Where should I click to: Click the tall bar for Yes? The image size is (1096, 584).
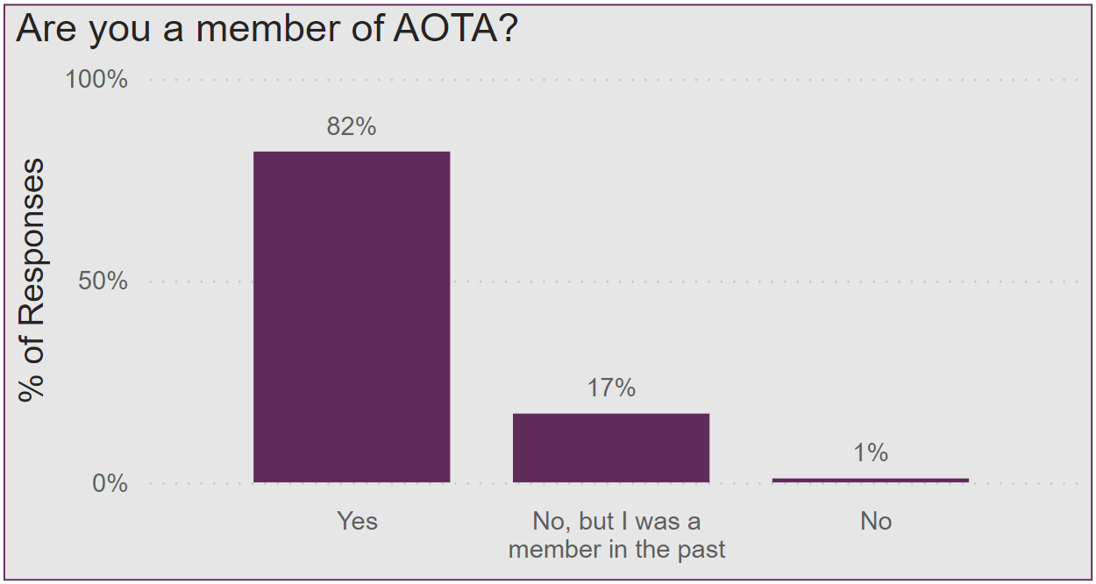pos(352,317)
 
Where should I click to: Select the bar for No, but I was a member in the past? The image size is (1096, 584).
pos(611,447)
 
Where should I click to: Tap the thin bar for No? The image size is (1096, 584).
pos(871,480)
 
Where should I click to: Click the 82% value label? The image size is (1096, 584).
pos(352,127)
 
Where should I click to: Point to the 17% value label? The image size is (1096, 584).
pos(611,388)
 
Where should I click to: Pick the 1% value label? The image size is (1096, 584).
pos(871,452)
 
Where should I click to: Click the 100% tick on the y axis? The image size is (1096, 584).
pos(96,80)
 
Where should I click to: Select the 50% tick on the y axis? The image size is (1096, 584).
pos(103,281)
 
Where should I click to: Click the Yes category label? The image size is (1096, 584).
pos(357,521)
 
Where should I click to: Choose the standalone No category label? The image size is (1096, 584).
pos(875,521)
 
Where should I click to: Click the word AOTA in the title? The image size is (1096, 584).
pos(439,29)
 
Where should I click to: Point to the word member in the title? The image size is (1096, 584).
pos(269,29)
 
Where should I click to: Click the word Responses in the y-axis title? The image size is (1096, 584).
pos(32,242)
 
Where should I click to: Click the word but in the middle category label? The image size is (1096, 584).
pos(597,521)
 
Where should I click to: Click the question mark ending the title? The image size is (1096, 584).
pos(507,29)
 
